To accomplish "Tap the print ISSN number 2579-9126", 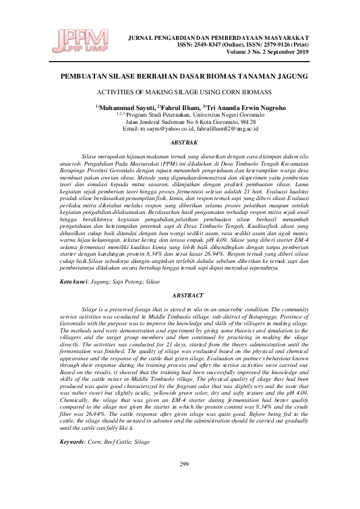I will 283,45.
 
